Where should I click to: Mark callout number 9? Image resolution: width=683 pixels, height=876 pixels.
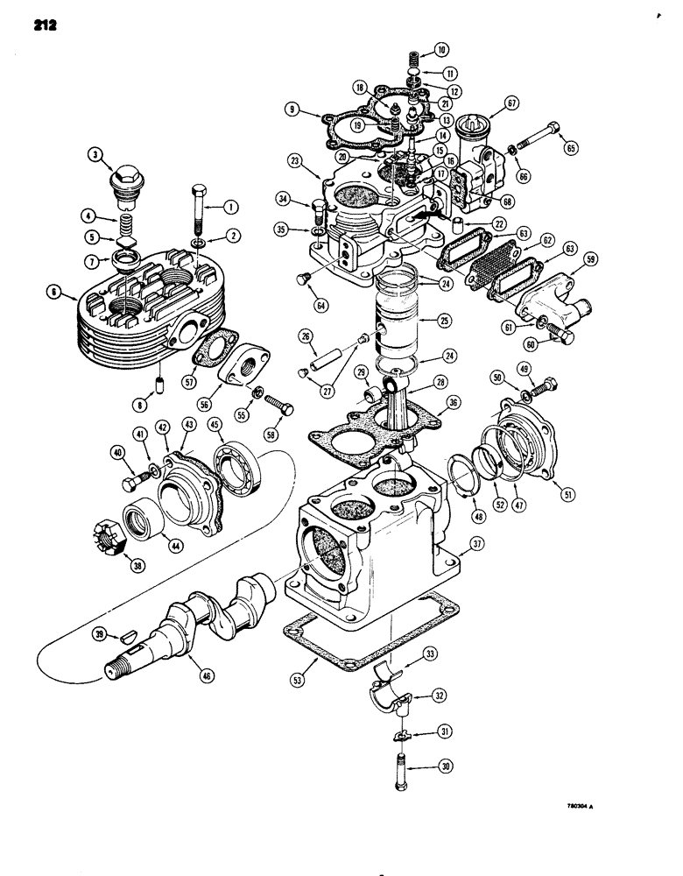tap(292, 111)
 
